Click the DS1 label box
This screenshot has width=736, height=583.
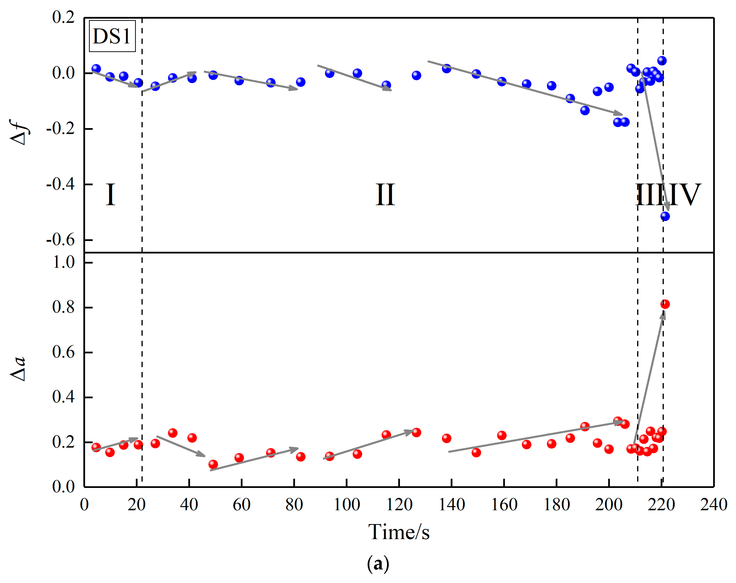(112, 36)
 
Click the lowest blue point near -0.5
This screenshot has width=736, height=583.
(665, 216)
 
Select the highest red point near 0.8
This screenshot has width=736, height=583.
(665, 304)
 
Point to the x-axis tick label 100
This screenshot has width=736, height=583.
(347, 504)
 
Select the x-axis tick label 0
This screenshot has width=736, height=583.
(84, 504)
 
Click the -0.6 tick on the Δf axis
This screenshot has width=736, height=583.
(61, 240)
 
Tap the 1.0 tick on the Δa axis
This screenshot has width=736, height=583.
(64, 262)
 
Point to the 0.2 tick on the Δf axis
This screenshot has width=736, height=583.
(64, 17)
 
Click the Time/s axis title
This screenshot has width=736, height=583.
(399, 532)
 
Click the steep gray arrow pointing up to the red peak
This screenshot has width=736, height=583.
(649, 379)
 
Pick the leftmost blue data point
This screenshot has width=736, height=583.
(96, 69)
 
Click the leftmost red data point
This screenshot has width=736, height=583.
(96, 447)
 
